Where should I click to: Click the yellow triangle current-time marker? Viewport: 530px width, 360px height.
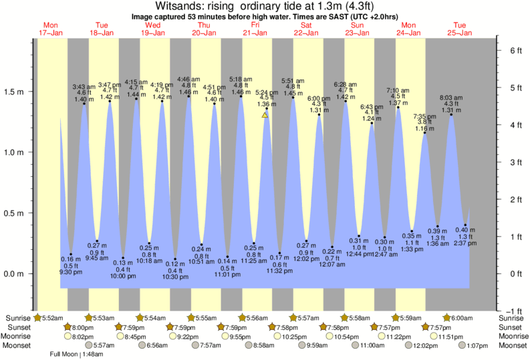point(265,115)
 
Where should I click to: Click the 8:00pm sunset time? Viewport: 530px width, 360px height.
point(84,327)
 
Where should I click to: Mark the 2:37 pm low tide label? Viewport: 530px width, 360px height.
point(465,243)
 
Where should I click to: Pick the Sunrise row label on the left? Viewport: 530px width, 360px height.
point(17,317)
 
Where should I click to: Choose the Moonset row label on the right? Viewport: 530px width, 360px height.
point(512,346)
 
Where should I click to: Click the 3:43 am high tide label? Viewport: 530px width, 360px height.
point(84,86)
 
